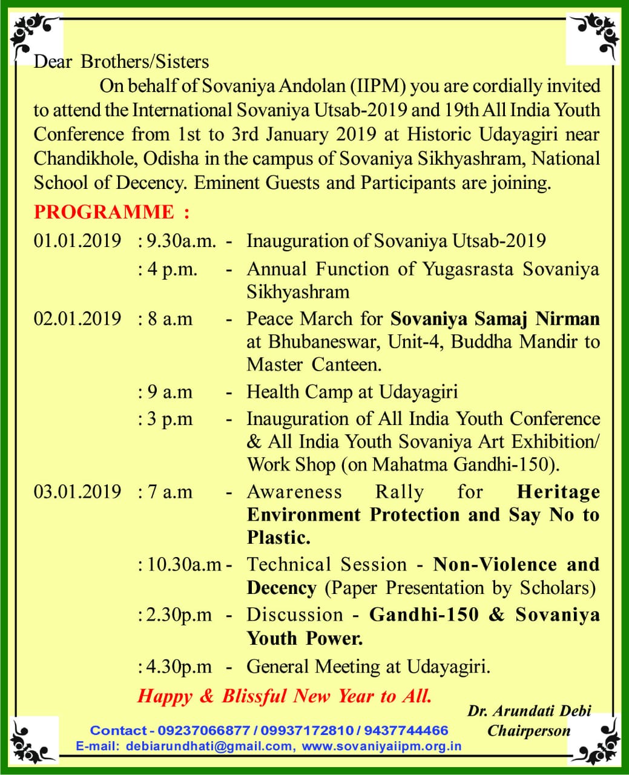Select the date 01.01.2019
coord(77,240)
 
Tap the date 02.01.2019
coord(77,318)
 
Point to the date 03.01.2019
coord(77,492)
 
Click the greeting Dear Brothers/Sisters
coord(121,61)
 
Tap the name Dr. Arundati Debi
coord(529,711)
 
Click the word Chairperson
coord(529,731)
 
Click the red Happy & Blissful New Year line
coord(285,696)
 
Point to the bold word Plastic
coord(278,538)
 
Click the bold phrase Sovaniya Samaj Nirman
coord(495,318)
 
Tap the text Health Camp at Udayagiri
coord(352,392)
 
